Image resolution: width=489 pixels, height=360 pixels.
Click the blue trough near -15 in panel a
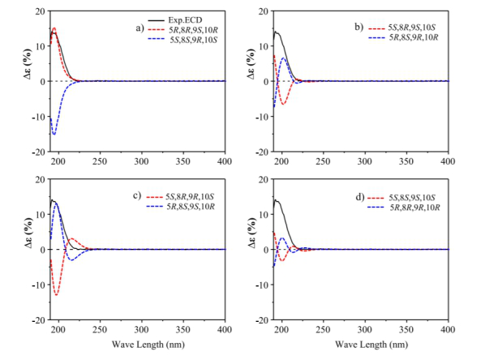(x=54, y=134)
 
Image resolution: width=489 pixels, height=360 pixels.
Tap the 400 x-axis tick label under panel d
(x=449, y=331)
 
